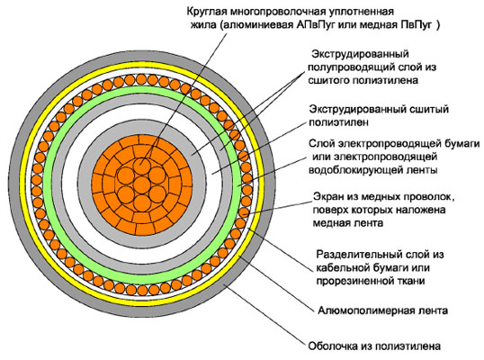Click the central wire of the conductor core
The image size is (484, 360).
[141, 184]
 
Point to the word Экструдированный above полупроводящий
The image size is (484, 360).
[360, 54]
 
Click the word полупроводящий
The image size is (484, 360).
[353, 67]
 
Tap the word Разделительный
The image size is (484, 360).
[358, 255]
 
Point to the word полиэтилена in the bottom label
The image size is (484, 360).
[409, 346]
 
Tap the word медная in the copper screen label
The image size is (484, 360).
[332, 223]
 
